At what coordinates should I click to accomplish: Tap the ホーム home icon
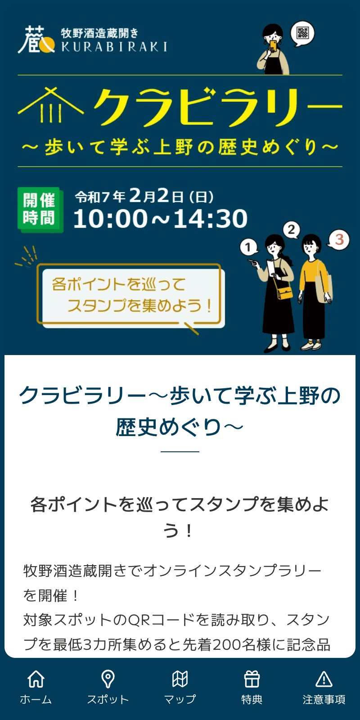tap(36, 679)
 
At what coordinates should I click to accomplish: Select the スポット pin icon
tap(108, 679)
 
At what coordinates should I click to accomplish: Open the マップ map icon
tap(180, 679)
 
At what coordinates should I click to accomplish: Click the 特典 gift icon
tap(252, 679)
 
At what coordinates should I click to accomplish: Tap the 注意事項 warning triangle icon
tap(324, 679)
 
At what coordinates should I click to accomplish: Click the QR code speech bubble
tap(302, 33)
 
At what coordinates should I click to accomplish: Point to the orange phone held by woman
tap(273, 45)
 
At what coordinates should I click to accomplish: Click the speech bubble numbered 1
tap(248, 247)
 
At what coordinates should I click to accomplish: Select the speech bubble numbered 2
tap(292, 230)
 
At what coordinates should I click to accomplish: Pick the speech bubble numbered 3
tap(339, 240)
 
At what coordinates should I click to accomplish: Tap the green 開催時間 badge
tap(40, 210)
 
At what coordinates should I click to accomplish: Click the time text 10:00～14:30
tap(160, 219)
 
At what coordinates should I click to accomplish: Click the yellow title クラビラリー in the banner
tap(217, 107)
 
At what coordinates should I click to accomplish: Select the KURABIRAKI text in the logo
tap(114, 47)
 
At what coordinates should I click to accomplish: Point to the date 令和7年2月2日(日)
tap(144, 196)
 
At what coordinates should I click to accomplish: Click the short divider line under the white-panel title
tap(180, 451)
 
